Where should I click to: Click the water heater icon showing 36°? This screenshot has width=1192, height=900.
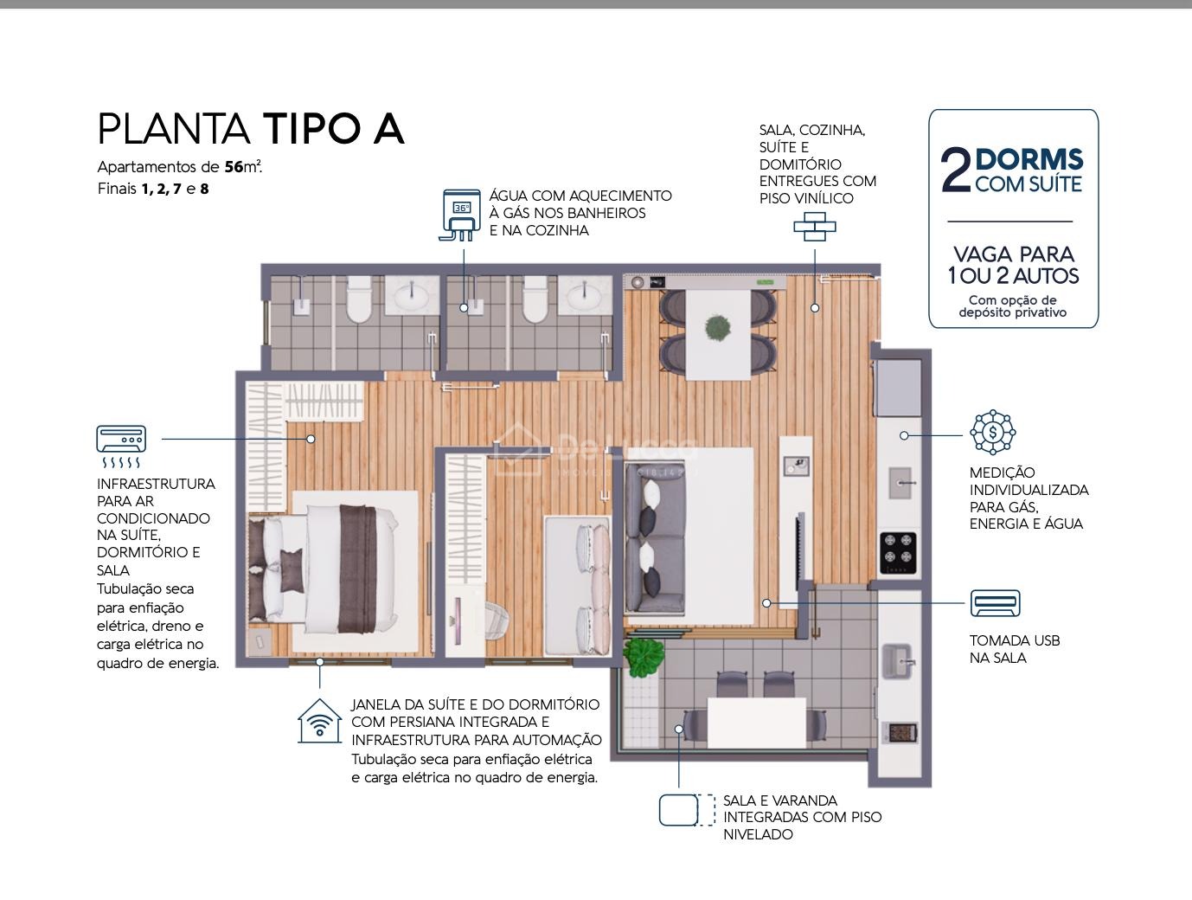460,215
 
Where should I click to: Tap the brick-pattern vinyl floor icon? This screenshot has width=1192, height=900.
815,227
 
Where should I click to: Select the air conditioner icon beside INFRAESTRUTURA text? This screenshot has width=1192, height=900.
121,446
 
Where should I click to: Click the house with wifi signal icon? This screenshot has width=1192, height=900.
320,721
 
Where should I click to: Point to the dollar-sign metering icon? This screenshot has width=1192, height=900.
993,432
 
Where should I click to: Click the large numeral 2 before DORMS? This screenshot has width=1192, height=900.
956,170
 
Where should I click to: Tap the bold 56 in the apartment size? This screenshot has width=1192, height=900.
234,167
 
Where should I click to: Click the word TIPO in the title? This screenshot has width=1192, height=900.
311,129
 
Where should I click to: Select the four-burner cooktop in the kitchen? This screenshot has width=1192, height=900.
898,553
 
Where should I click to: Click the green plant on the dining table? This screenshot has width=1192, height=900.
718,327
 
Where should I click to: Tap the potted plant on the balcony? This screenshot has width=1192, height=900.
644,656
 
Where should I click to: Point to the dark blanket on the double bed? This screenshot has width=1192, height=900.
358,569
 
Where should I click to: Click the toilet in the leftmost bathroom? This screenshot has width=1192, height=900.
358,299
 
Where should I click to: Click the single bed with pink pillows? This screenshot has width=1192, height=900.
577,586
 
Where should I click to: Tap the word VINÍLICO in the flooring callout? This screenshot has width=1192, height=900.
822,199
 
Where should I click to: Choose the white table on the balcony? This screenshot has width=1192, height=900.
757,723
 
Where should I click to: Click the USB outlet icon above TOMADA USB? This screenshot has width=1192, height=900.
995,603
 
